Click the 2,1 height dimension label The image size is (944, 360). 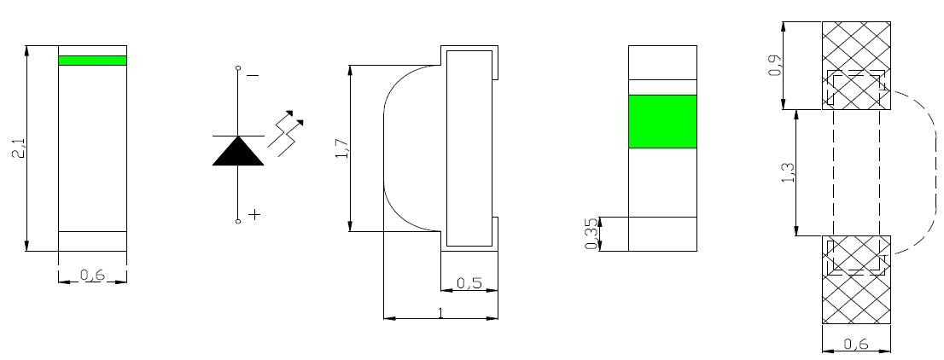click(x=20, y=148)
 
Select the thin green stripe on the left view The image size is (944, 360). click(x=93, y=61)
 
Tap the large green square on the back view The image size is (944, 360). click(x=662, y=121)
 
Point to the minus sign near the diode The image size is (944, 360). click(x=253, y=75)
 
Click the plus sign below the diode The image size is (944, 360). click(x=254, y=214)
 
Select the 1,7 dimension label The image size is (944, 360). click(x=342, y=148)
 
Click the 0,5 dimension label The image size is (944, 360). click(x=469, y=283)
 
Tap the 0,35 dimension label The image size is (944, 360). click(x=591, y=233)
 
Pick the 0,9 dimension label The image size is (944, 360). click(x=775, y=66)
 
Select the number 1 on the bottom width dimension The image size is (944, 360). click(x=441, y=312)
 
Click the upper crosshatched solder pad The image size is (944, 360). click(x=856, y=66)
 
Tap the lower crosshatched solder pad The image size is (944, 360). click(x=856, y=279)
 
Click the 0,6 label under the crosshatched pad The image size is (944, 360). click(x=855, y=345)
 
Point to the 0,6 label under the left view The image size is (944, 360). click(x=92, y=275)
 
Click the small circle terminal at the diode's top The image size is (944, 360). click(x=238, y=68)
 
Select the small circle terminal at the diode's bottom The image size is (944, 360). click(x=238, y=222)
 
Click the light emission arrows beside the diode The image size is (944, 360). click(x=285, y=133)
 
